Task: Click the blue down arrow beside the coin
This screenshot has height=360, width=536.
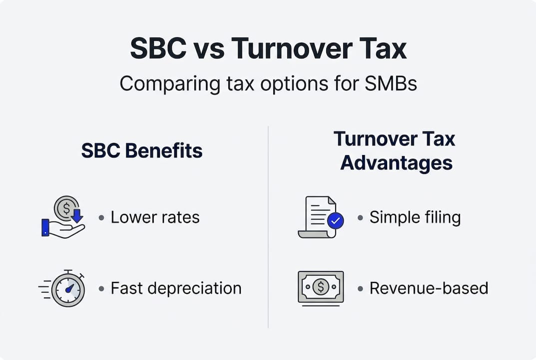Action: coord(77,216)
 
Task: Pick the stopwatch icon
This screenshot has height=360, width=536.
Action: coord(67,289)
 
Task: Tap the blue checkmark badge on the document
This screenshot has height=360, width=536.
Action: coord(335,220)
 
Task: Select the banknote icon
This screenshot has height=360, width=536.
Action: coord(321,287)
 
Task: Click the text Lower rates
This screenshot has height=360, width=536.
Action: coord(155,217)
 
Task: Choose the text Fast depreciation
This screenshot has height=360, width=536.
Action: coord(176,288)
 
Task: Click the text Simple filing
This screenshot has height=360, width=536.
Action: coord(415,217)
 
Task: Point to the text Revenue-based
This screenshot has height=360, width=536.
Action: coord(429,288)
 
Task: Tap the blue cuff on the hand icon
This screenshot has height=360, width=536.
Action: coord(45,227)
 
